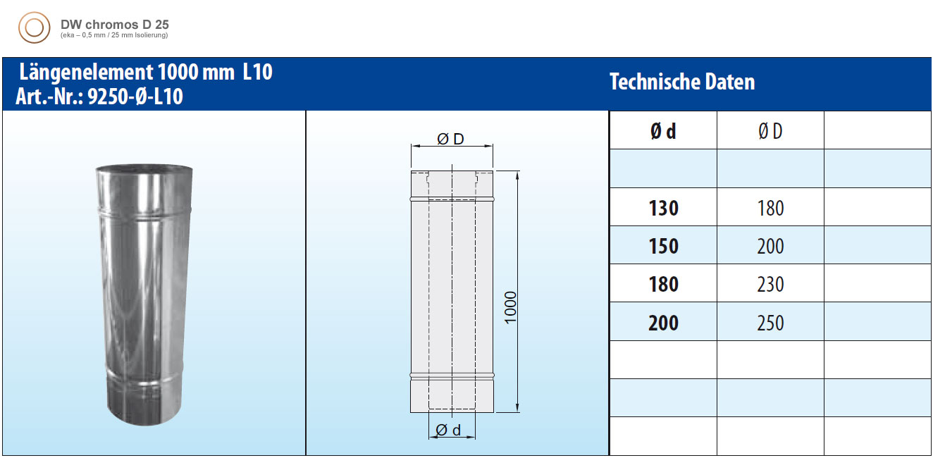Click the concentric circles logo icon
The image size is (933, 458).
[34, 28]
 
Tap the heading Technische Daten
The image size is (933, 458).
[681, 82]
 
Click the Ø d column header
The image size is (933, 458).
[663, 131]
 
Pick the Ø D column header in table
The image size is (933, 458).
[770, 131]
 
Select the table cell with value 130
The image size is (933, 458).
[663, 208]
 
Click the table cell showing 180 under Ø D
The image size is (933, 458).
[770, 208]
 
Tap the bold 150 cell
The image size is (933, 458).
[663, 246]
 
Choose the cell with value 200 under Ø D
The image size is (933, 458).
[770, 246]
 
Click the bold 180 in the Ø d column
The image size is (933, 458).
[663, 284]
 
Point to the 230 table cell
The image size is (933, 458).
[770, 284]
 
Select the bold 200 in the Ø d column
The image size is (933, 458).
[663, 323]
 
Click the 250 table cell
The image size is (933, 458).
[770, 323]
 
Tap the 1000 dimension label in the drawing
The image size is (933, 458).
[511, 307]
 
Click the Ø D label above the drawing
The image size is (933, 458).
[451, 139]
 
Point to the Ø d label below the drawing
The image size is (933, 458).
[449, 430]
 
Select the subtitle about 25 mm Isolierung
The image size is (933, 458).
[114, 35]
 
